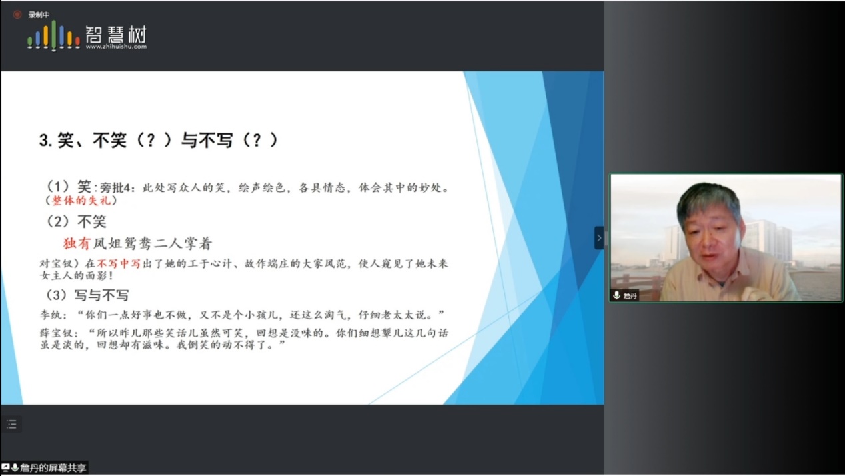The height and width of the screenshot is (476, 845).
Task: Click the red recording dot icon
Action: point(17,15)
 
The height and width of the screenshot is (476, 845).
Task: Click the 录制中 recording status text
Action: point(39,15)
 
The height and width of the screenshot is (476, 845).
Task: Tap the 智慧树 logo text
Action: point(116,35)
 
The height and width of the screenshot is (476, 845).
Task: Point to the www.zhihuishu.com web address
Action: point(116,47)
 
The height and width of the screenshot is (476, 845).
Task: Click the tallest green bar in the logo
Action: point(54,35)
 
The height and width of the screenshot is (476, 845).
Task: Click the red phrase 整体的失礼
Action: point(81,201)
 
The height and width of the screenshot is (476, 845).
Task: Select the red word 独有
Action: point(77,243)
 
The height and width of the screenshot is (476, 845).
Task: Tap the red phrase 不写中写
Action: point(119,263)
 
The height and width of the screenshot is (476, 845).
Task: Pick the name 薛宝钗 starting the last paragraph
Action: point(57,333)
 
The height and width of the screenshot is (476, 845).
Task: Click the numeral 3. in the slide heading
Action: point(45,141)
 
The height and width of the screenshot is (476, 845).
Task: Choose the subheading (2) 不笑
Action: point(76,221)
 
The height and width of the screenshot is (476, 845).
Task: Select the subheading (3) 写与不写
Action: point(87,295)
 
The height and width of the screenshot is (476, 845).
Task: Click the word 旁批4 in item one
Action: point(115,187)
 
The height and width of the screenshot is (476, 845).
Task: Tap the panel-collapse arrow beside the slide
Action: point(599,238)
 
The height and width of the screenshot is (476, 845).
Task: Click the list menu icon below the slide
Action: point(12,424)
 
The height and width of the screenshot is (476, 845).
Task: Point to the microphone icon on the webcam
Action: point(617,295)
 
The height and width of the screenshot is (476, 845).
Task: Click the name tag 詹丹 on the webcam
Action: point(630,295)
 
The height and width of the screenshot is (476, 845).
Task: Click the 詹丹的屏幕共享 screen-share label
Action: point(53,468)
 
